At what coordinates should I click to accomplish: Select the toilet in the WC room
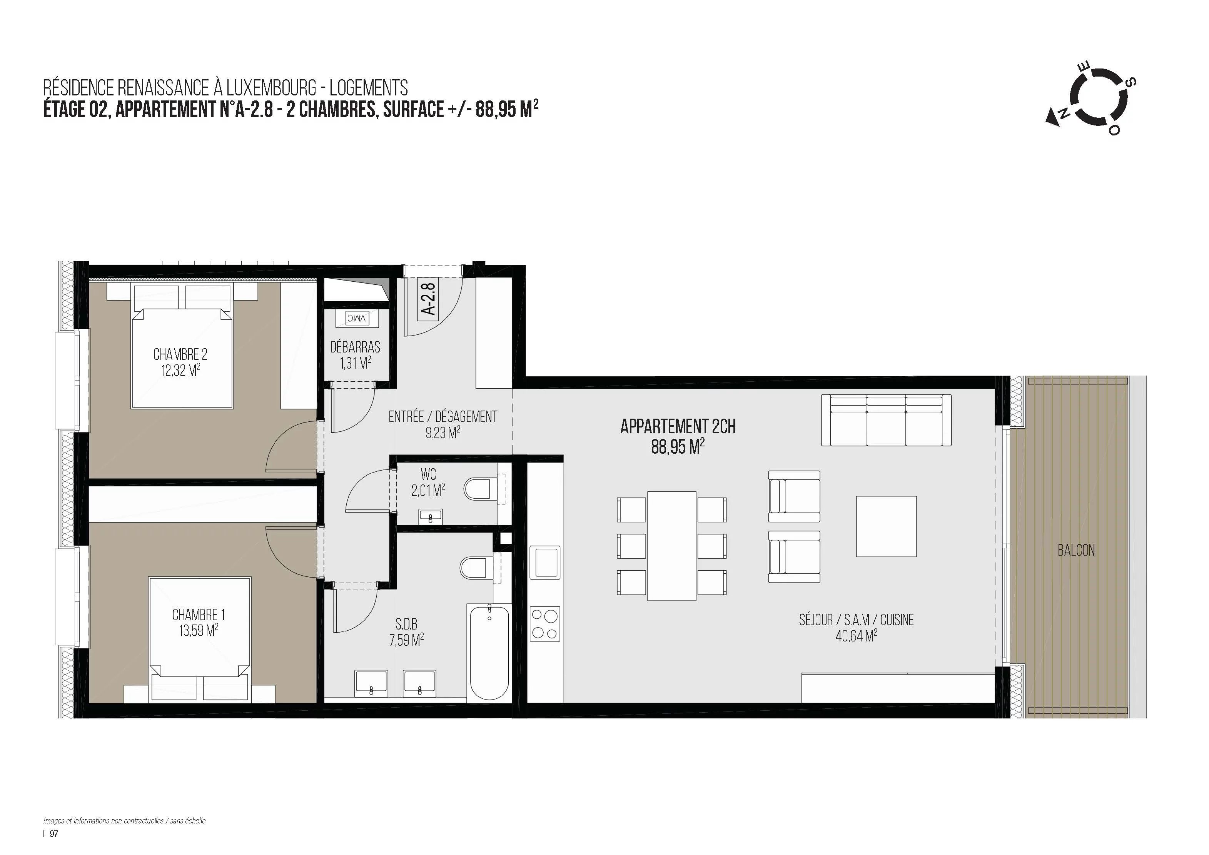click(x=482, y=488)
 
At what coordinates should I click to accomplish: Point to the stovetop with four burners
click(x=545, y=623)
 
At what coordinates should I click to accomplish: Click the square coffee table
click(x=886, y=526)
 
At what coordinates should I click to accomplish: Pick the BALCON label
click(x=1076, y=551)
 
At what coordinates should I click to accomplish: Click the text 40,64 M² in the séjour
click(x=856, y=636)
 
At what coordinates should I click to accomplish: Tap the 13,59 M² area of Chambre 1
click(x=199, y=630)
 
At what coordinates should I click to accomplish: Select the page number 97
click(x=54, y=833)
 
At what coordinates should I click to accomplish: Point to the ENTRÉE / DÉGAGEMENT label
click(x=443, y=417)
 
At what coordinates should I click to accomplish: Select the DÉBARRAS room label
click(x=355, y=347)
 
